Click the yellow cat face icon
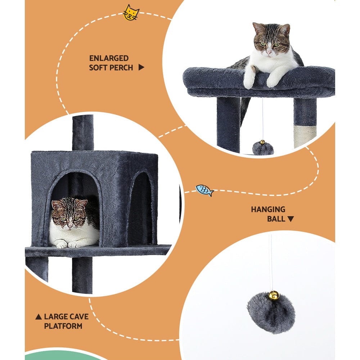tap(131, 13)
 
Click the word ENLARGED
tap(109, 58)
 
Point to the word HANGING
tap(268, 209)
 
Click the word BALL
tap(276, 219)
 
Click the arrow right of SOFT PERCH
tap(141, 67)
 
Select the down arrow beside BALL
tap(291, 219)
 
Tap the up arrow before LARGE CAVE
tap(39, 317)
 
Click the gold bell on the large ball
tap(273, 296)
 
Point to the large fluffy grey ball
tap(271, 312)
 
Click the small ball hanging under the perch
tap(263, 148)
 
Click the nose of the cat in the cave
tap(69, 225)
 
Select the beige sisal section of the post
tap(305, 136)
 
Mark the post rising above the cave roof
tap(82, 132)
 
